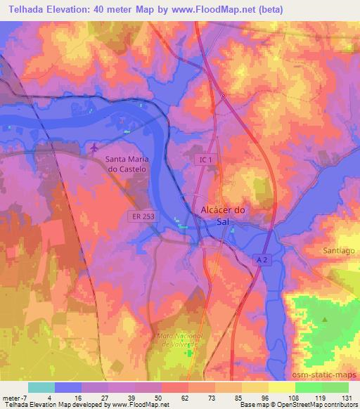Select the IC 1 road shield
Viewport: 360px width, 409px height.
(x=203, y=161)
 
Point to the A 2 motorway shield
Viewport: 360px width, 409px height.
(x=262, y=260)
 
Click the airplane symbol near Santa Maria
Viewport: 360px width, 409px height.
(x=95, y=148)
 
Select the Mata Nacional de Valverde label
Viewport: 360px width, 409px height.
(x=179, y=340)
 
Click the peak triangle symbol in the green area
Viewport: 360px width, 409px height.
(x=325, y=320)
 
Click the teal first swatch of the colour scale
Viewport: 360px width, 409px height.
(x=41, y=387)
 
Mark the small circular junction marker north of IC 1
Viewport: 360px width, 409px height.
(x=223, y=96)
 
